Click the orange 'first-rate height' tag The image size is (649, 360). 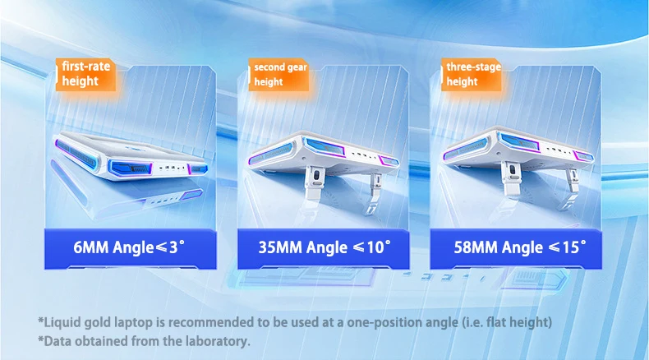tap(85, 75)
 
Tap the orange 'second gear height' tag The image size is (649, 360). tap(278, 75)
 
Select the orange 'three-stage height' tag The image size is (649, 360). tap(472, 75)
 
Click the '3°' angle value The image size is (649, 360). tap(177, 247)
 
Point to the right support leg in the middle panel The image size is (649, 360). tap(374, 192)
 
